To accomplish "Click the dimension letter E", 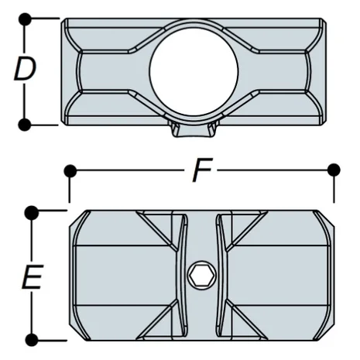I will click(31, 277).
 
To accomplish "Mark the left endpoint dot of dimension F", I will click(71, 170).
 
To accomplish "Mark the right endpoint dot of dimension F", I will click(334, 170).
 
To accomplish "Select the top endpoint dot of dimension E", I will click(31, 211).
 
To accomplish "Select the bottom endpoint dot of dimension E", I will click(31, 339).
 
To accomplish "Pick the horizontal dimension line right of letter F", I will click(271, 170).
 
